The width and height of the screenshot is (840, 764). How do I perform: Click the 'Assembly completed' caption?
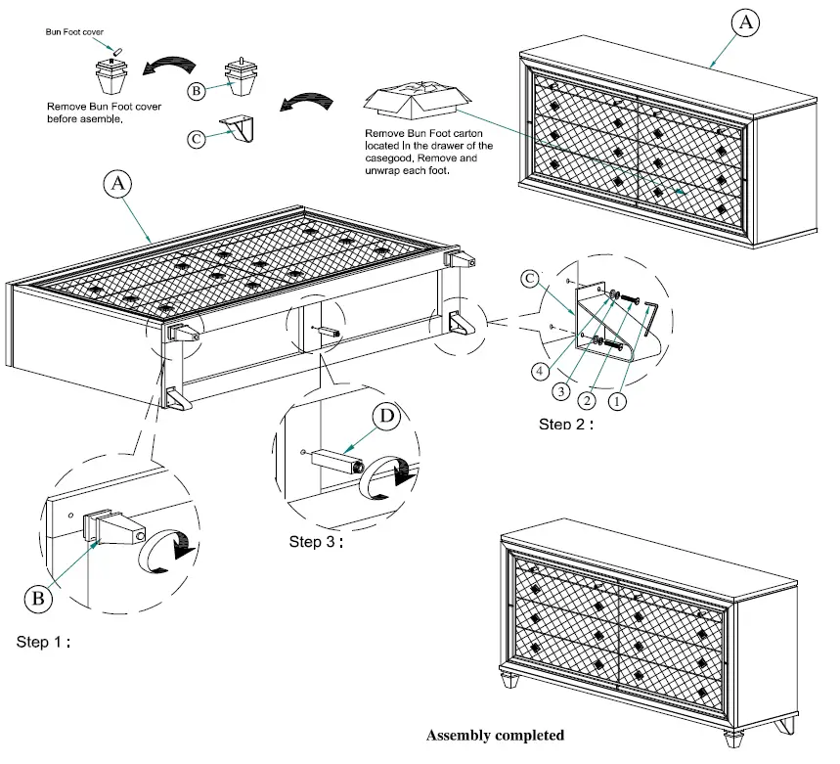pos(494,735)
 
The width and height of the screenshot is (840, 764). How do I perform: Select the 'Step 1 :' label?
pos(44,643)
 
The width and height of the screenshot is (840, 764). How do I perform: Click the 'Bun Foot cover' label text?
pos(74,32)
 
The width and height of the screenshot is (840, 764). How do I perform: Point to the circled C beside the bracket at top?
pos(197,138)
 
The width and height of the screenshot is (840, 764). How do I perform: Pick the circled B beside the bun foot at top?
pos(197,91)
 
